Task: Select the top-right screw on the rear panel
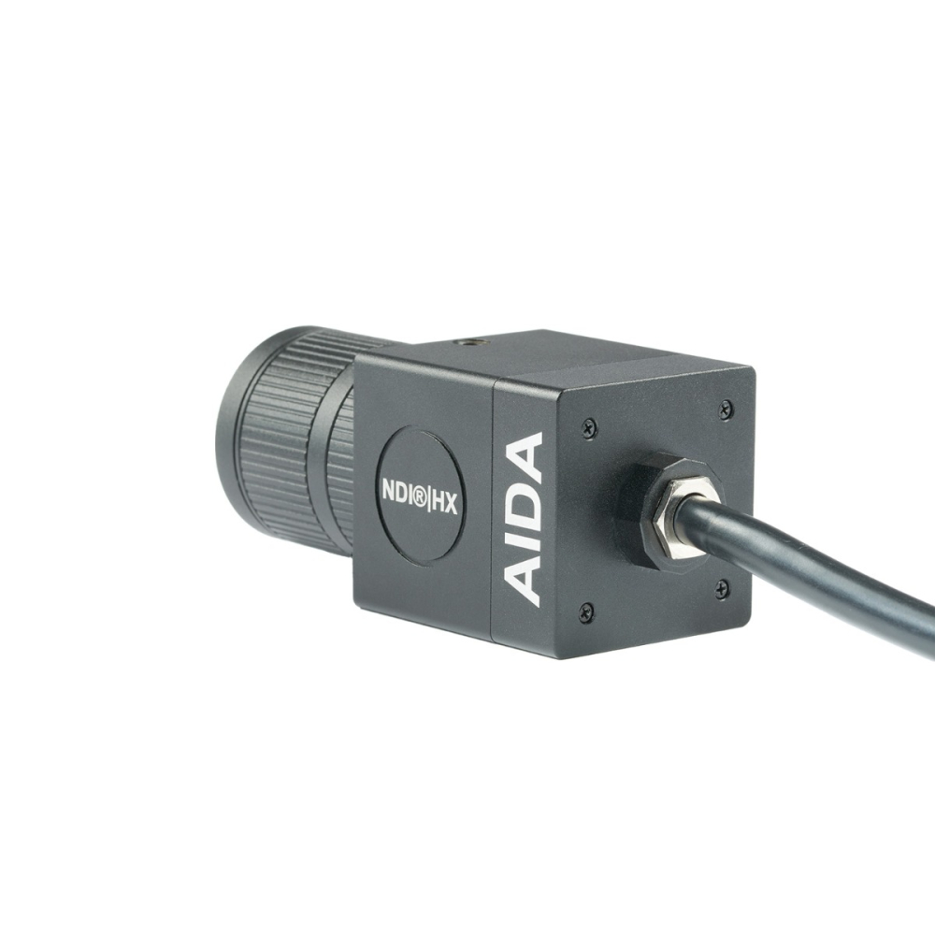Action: click(726, 409)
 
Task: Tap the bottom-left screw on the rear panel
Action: click(586, 612)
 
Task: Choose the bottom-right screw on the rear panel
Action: click(722, 588)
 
